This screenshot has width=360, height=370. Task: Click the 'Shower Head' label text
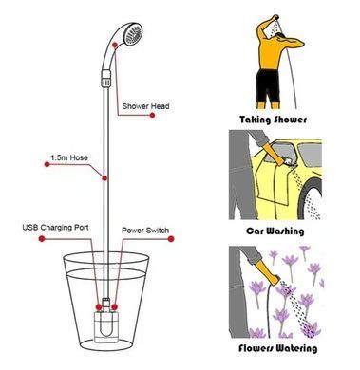point(145,106)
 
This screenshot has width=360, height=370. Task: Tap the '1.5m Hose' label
point(69,157)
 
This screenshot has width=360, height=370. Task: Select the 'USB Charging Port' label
point(55,228)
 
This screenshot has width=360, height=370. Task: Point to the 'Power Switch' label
point(145,231)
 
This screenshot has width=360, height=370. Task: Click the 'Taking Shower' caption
point(273,120)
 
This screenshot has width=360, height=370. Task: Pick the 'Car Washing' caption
point(275,231)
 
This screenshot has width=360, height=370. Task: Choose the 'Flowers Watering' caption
point(277,348)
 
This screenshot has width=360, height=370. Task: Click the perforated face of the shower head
point(133,34)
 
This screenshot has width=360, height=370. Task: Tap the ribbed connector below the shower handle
point(105,79)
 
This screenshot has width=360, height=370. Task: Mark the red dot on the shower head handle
point(115,45)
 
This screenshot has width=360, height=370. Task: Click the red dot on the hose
point(104,178)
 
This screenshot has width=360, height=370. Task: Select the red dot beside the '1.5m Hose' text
point(47,164)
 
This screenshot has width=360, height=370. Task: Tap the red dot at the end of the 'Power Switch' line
point(171,239)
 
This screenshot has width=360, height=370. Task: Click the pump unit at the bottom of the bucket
point(106,325)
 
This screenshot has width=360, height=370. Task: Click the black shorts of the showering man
point(268,84)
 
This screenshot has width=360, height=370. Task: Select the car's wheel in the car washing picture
point(312,198)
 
